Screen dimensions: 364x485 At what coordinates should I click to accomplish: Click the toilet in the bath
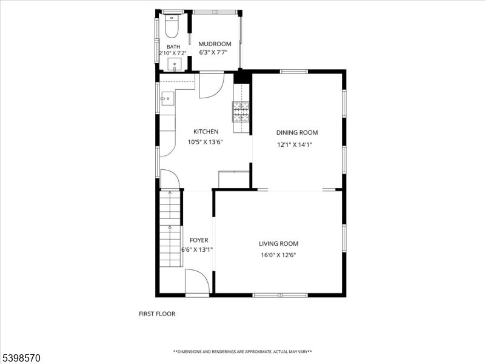point(172,27)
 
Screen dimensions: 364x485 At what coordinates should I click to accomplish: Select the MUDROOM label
point(215,44)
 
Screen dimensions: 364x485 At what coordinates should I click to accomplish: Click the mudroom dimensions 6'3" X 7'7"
point(215,53)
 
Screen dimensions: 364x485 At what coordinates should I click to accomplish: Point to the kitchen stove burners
point(241,112)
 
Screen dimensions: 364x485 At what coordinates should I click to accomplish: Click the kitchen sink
point(167,98)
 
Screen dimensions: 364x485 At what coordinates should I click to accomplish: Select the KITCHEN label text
point(206,132)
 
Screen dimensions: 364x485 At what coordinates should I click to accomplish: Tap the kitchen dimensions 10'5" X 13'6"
point(206,143)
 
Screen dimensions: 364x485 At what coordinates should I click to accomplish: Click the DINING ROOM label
point(297,132)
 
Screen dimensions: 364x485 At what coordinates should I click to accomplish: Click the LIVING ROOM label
point(278,244)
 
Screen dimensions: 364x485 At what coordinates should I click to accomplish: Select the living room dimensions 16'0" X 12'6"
point(278,255)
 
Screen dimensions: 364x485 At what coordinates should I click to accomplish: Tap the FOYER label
point(199,240)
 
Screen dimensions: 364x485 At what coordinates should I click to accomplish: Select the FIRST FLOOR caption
point(157,314)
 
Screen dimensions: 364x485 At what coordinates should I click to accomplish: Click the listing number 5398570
point(21,358)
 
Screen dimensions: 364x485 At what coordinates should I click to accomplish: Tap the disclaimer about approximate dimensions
point(242,352)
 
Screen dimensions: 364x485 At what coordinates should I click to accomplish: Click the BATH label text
point(173,47)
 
